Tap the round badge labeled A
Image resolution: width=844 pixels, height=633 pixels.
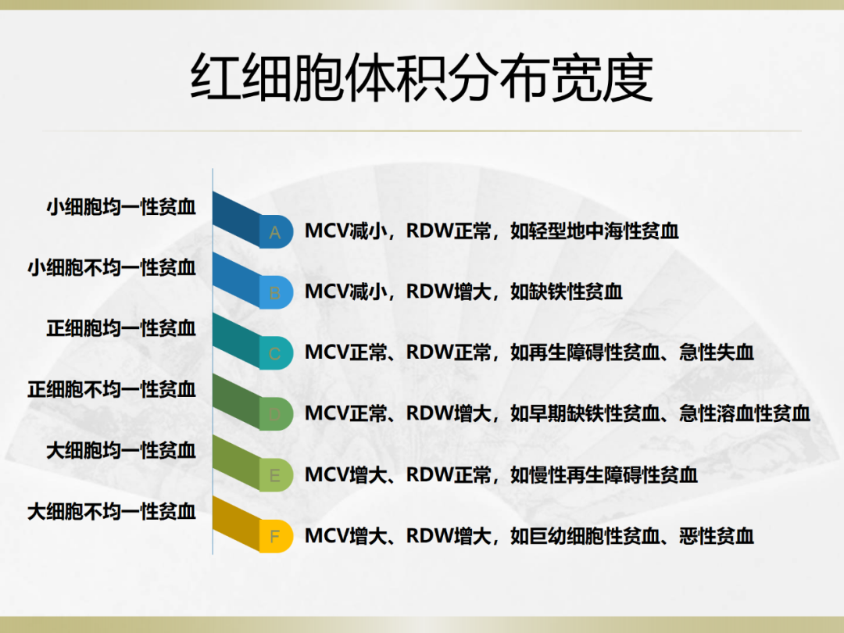pyautogui.click(x=276, y=232)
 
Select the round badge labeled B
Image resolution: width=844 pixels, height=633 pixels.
pyautogui.click(x=276, y=293)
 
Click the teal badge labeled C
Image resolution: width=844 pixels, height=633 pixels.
pyautogui.click(x=276, y=354)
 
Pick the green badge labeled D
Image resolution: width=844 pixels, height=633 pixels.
pyautogui.click(x=276, y=414)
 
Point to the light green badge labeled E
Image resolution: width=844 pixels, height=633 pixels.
pyautogui.click(x=276, y=475)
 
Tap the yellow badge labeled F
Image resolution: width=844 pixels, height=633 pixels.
pyautogui.click(x=276, y=536)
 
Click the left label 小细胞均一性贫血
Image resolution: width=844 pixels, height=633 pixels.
pyautogui.click(x=121, y=206)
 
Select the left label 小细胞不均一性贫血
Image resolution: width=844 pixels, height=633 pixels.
pyautogui.click(x=112, y=267)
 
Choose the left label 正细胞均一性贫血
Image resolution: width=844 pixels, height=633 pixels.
pyautogui.click(x=121, y=328)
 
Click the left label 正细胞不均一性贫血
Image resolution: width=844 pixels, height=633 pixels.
pyautogui.click(x=112, y=389)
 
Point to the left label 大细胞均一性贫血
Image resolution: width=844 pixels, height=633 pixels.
pyautogui.click(x=121, y=450)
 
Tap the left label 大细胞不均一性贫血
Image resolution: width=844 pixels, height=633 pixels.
pyautogui.click(x=112, y=511)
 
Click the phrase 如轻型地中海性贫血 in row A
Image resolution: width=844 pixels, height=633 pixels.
pyautogui.click(x=594, y=231)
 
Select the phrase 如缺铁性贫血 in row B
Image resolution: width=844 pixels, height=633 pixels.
pyautogui.click(x=567, y=292)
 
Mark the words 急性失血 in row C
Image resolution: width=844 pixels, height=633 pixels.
pyautogui.click(x=717, y=353)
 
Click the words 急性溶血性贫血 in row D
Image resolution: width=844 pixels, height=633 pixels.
pyautogui.click(x=745, y=414)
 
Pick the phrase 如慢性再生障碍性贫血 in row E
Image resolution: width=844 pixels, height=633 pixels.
pyautogui.click(x=604, y=475)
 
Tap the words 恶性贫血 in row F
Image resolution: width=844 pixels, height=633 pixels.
pyautogui.click(x=717, y=536)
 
